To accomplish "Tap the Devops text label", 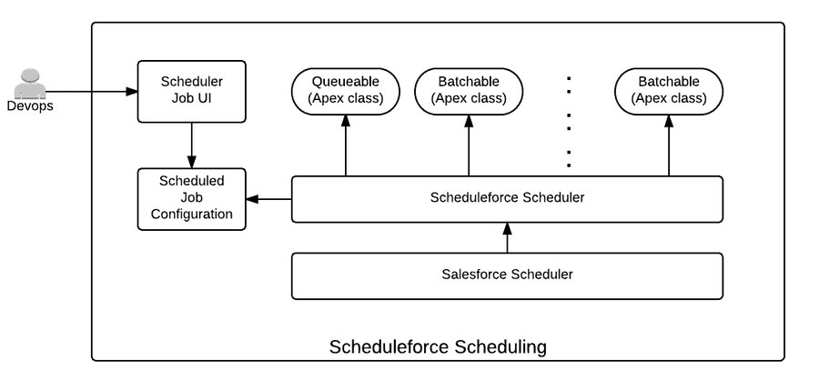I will click(x=30, y=106).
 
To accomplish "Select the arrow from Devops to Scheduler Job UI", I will click(x=91, y=91).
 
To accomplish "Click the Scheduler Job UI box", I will click(x=191, y=91).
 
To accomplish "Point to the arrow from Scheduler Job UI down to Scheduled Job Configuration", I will click(x=191, y=145).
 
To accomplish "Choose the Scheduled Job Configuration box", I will click(x=191, y=198).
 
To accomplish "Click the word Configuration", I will click(x=191, y=215).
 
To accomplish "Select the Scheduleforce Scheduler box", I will click(x=507, y=198).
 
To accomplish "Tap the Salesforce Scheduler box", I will click(x=507, y=275).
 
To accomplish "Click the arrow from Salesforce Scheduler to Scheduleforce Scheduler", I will click(x=507, y=237).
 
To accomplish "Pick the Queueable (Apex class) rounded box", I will click(x=345, y=91).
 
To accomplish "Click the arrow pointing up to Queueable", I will click(x=345, y=145).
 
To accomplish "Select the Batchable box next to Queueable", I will click(x=469, y=91).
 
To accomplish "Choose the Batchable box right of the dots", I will click(x=669, y=91).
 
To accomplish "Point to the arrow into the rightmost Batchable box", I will click(x=669, y=145).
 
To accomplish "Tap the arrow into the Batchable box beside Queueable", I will click(x=469, y=145).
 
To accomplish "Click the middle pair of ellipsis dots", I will click(x=569, y=117).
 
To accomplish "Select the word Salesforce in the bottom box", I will click(x=475, y=275).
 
